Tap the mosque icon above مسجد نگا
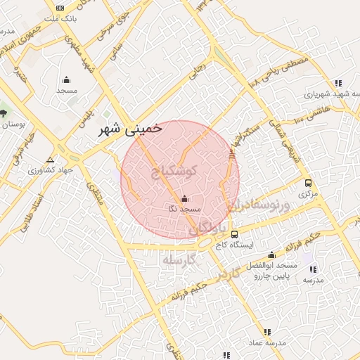(185, 198)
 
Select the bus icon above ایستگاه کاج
(234, 234)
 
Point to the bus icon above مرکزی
(308, 183)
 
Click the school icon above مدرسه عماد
(266, 332)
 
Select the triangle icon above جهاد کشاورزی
(49, 160)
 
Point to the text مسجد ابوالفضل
(273, 266)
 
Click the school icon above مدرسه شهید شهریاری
(338, 82)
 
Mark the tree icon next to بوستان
(3, 112)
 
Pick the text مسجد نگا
(185, 209)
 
